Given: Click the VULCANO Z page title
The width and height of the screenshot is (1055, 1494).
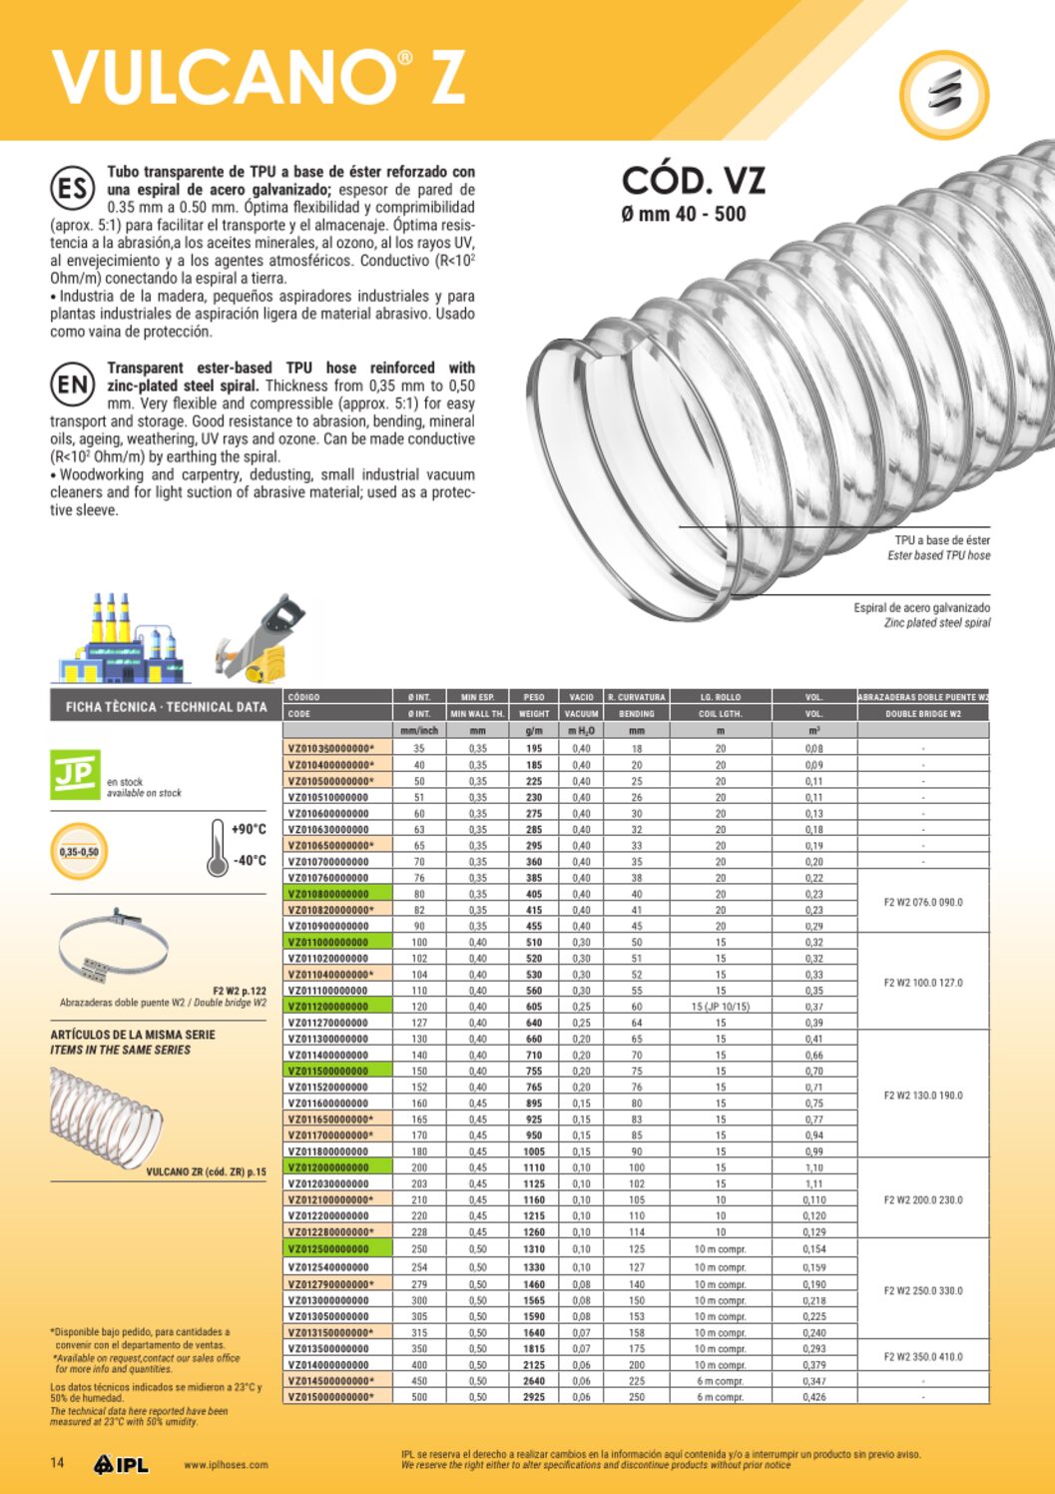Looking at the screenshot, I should (258, 77).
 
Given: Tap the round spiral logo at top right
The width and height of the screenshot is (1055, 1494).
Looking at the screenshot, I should (943, 94).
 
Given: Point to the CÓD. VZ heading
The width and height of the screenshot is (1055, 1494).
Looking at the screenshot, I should (693, 182).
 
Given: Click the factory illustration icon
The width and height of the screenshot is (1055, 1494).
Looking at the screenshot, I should (121, 639).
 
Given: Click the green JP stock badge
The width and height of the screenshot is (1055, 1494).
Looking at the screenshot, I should (75, 775).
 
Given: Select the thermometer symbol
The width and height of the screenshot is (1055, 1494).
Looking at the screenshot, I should (217, 847).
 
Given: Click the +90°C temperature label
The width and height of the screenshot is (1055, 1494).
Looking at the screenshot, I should (249, 830).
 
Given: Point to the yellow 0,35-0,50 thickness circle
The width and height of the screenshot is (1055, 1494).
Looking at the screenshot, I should (79, 852).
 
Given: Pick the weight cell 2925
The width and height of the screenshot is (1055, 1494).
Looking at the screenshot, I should (534, 1397).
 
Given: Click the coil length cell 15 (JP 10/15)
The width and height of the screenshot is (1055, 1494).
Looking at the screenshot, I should (720, 1007).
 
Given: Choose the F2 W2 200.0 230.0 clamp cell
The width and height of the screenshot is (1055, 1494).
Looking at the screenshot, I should (923, 1200).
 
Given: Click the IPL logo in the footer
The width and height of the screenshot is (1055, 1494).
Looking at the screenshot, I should (121, 1465).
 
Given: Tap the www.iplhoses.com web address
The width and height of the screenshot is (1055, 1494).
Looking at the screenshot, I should (226, 1465).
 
